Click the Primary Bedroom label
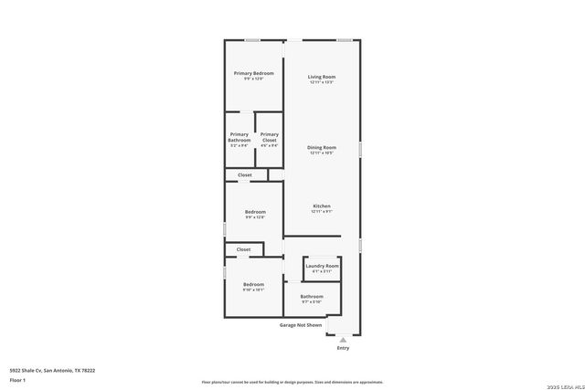(253, 73)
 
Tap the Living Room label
(321, 77)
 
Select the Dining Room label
(321, 147)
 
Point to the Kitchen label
(321, 206)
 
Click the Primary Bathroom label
(239, 137)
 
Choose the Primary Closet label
(269, 137)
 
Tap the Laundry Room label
(322, 266)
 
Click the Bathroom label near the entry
(312, 296)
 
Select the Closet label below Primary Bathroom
(245, 174)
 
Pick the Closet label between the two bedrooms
(243, 249)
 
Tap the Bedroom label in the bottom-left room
(253, 284)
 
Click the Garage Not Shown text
(301, 324)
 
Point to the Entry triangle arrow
(343, 340)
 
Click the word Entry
(343, 348)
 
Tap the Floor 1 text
(18, 379)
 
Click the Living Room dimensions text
(321, 82)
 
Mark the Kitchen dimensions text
(321, 212)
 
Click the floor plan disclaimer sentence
(292, 382)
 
